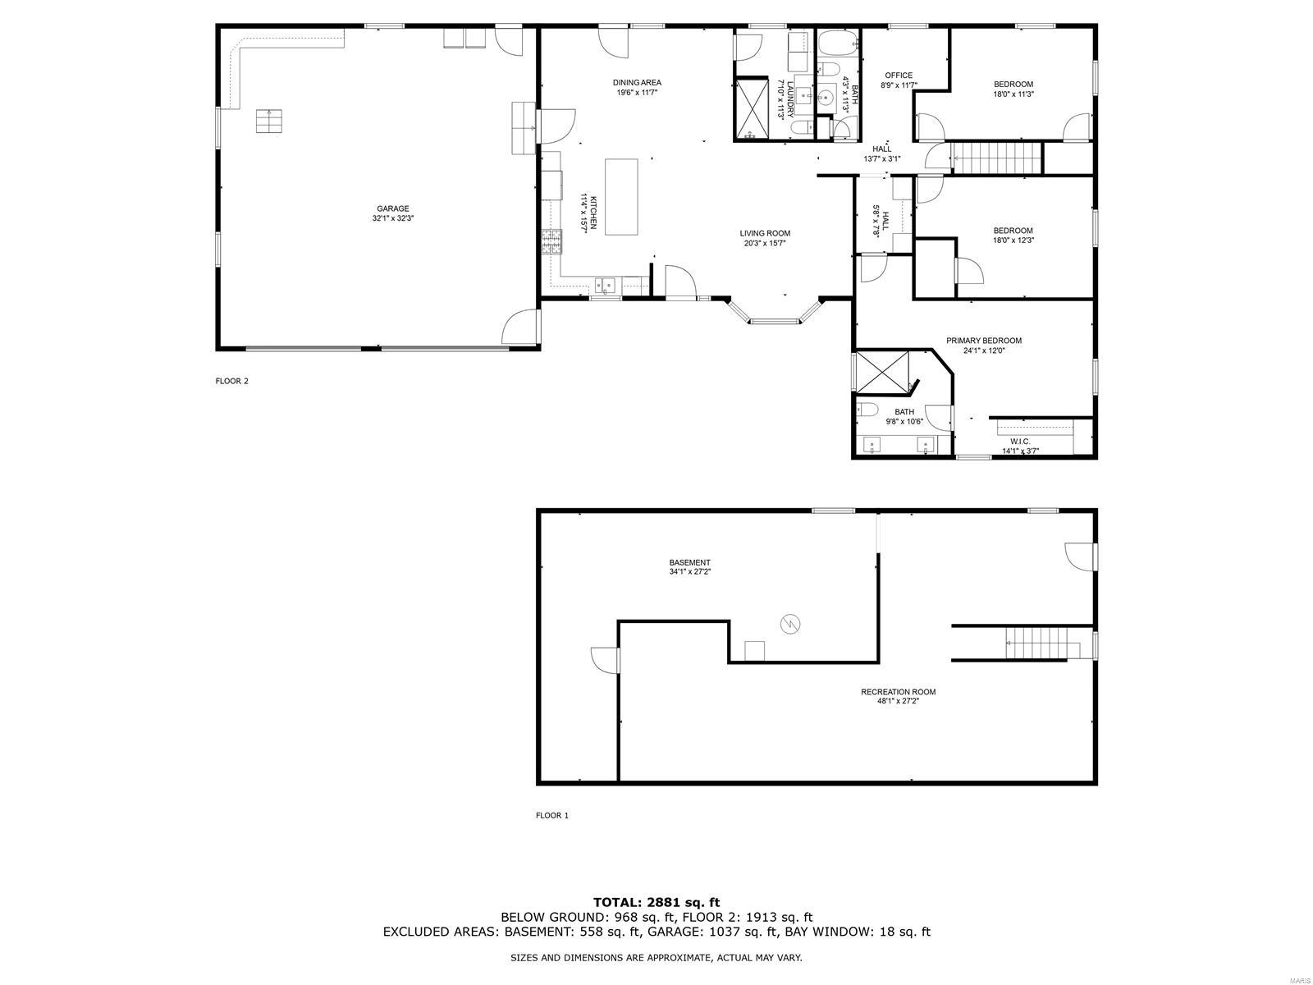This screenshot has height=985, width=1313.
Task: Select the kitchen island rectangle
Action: pos(621,197)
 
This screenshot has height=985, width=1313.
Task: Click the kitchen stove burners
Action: pos(552,242)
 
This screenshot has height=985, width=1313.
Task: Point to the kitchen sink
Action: pos(606,285)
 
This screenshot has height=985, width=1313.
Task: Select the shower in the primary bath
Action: pos(882,373)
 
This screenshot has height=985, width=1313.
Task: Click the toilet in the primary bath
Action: pos(867,410)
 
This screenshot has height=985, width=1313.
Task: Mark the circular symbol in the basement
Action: pos(790,625)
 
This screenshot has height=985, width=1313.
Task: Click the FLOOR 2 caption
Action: pos(232,381)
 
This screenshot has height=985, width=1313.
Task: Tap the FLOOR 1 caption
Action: pos(552,815)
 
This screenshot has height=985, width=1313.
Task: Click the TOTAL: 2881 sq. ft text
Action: pos(656,902)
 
